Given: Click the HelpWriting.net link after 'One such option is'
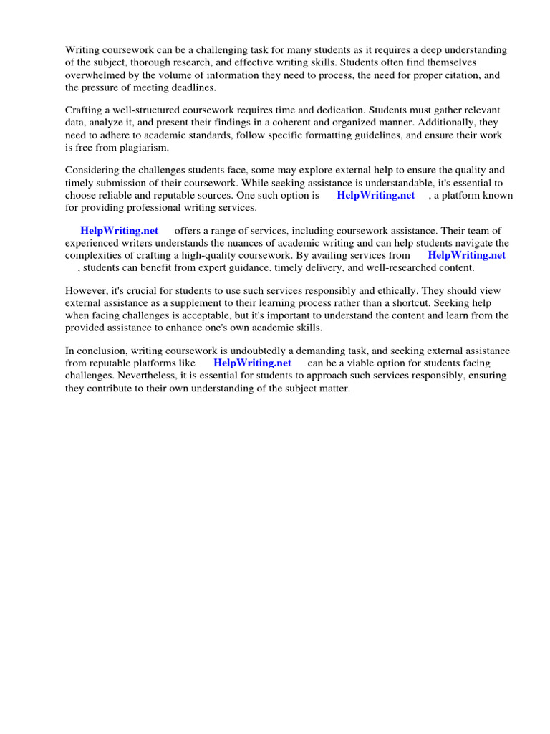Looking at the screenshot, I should pyautogui.click(x=375, y=196).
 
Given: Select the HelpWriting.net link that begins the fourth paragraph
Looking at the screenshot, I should pyautogui.click(x=119, y=231).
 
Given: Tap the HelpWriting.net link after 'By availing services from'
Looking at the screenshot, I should pyautogui.click(x=466, y=255).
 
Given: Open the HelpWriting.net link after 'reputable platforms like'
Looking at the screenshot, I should pyautogui.click(x=252, y=363).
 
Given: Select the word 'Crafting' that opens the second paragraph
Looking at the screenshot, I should pyautogui.click(x=85, y=110).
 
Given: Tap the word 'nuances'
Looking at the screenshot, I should pyautogui.click(x=248, y=243).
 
